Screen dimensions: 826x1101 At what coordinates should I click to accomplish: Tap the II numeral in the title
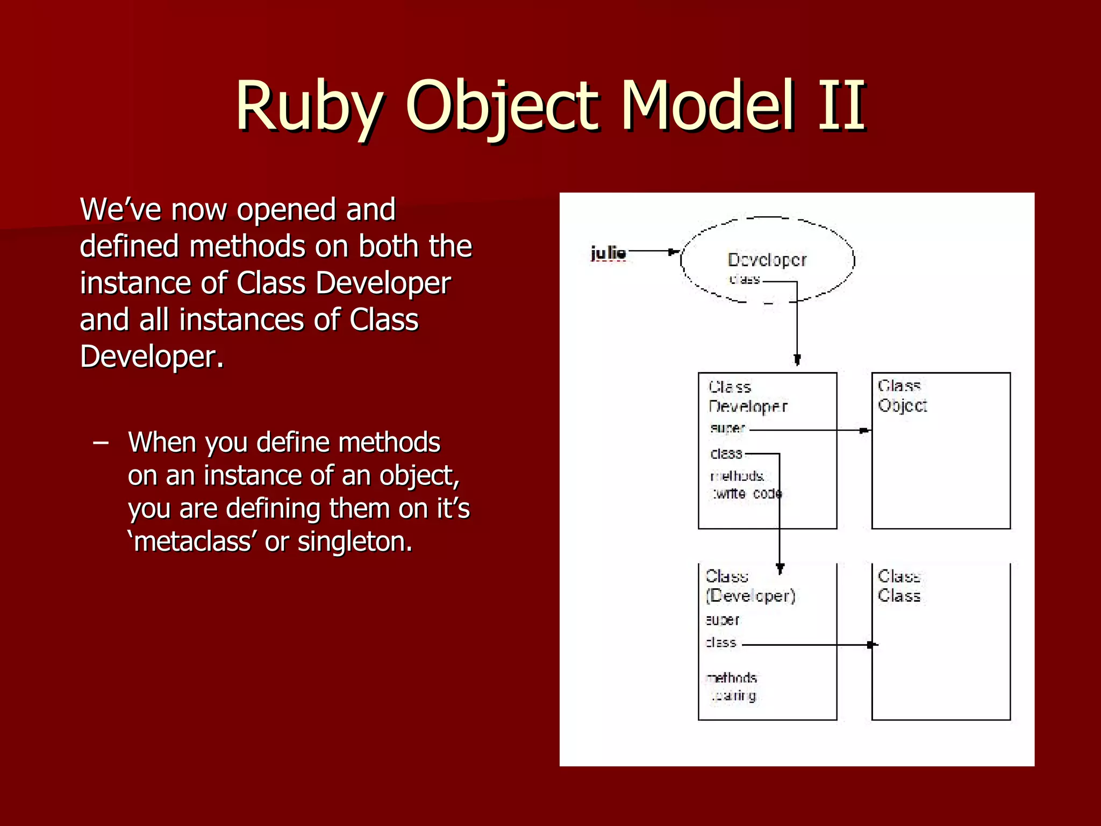841,106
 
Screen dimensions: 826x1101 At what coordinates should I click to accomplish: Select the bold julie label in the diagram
608,253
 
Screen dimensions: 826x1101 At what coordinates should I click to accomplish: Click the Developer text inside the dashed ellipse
767,260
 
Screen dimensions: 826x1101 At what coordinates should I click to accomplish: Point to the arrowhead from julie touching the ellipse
674,252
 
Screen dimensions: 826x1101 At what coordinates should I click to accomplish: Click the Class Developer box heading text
747,397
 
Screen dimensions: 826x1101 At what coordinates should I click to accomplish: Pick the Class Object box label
902,396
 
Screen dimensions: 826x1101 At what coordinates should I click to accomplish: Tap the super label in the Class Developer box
727,429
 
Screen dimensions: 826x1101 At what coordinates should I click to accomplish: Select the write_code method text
747,494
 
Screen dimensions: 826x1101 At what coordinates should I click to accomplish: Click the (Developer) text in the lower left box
750,596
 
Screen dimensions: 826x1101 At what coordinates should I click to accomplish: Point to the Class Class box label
899,586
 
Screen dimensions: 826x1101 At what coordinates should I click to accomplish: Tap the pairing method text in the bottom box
734,696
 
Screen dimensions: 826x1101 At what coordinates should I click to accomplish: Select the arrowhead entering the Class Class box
871,645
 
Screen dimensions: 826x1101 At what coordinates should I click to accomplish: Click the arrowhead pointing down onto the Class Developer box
797,360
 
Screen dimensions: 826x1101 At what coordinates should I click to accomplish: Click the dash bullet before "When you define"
101,443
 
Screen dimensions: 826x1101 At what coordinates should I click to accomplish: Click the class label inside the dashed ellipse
745,280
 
